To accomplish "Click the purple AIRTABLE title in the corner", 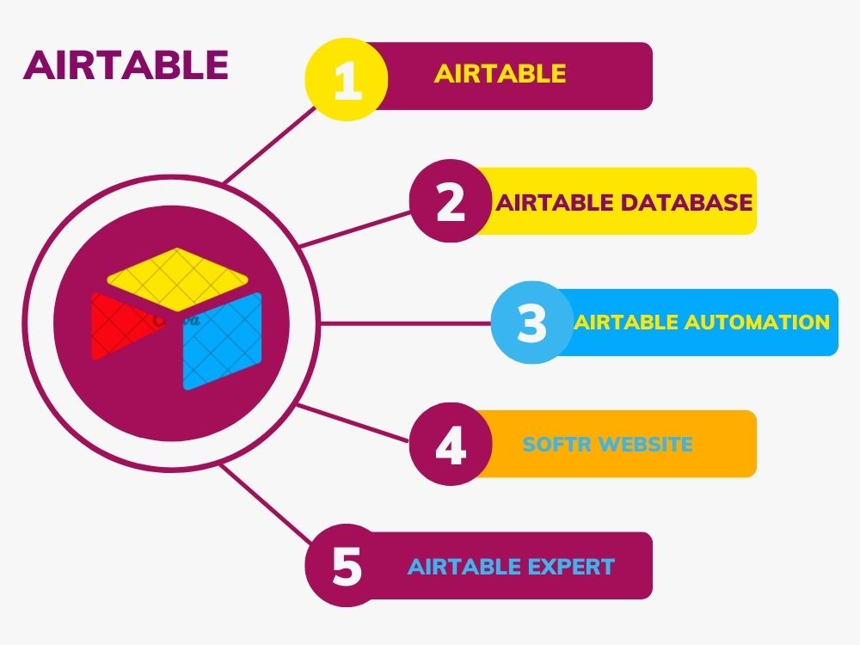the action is pyautogui.click(x=126, y=65).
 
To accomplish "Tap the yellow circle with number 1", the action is pyautogui.click(x=347, y=80).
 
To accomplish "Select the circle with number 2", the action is pyautogui.click(x=451, y=201).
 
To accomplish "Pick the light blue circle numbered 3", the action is pyautogui.click(x=532, y=322).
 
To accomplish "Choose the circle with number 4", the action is pyautogui.click(x=451, y=444).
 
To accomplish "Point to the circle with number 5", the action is pyautogui.click(x=347, y=566).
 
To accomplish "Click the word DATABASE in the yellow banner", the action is pyautogui.click(x=687, y=202).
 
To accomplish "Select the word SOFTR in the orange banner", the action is pyautogui.click(x=550, y=444).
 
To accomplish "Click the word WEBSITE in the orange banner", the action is pyautogui.click(x=640, y=444).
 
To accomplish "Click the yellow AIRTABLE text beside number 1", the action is pyautogui.click(x=500, y=73).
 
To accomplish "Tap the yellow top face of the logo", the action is pyautogui.click(x=176, y=273).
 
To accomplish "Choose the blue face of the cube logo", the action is pyautogui.click(x=222, y=341).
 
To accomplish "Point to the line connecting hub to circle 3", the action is pyautogui.click(x=405, y=323).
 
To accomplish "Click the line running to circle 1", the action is pyautogui.click(x=269, y=144).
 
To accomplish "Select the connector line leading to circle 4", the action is pyautogui.click(x=353, y=422).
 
